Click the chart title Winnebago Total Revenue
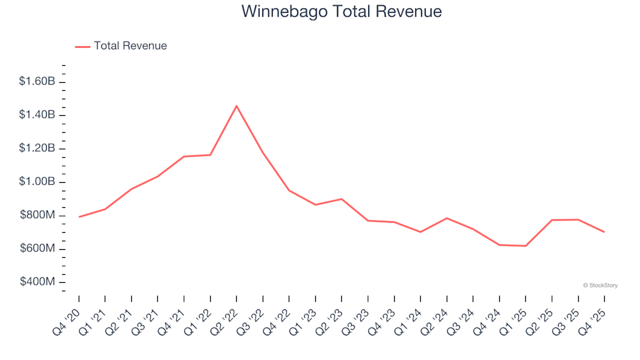tap(341, 12)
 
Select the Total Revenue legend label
tap(130, 46)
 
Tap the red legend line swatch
tap(83, 46)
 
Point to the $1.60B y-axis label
tap(37, 81)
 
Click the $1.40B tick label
tap(37, 115)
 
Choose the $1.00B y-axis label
tap(37, 182)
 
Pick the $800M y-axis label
tap(39, 215)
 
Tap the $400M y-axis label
tap(39, 282)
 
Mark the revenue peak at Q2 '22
tap(237, 106)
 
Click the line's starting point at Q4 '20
tap(79, 217)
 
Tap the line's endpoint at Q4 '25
tap(604, 232)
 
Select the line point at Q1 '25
tap(525, 246)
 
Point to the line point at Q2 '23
tap(341, 199)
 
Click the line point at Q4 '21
tap(184, 157)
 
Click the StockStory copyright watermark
tap(600, 285)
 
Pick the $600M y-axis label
tap(39, 249)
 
